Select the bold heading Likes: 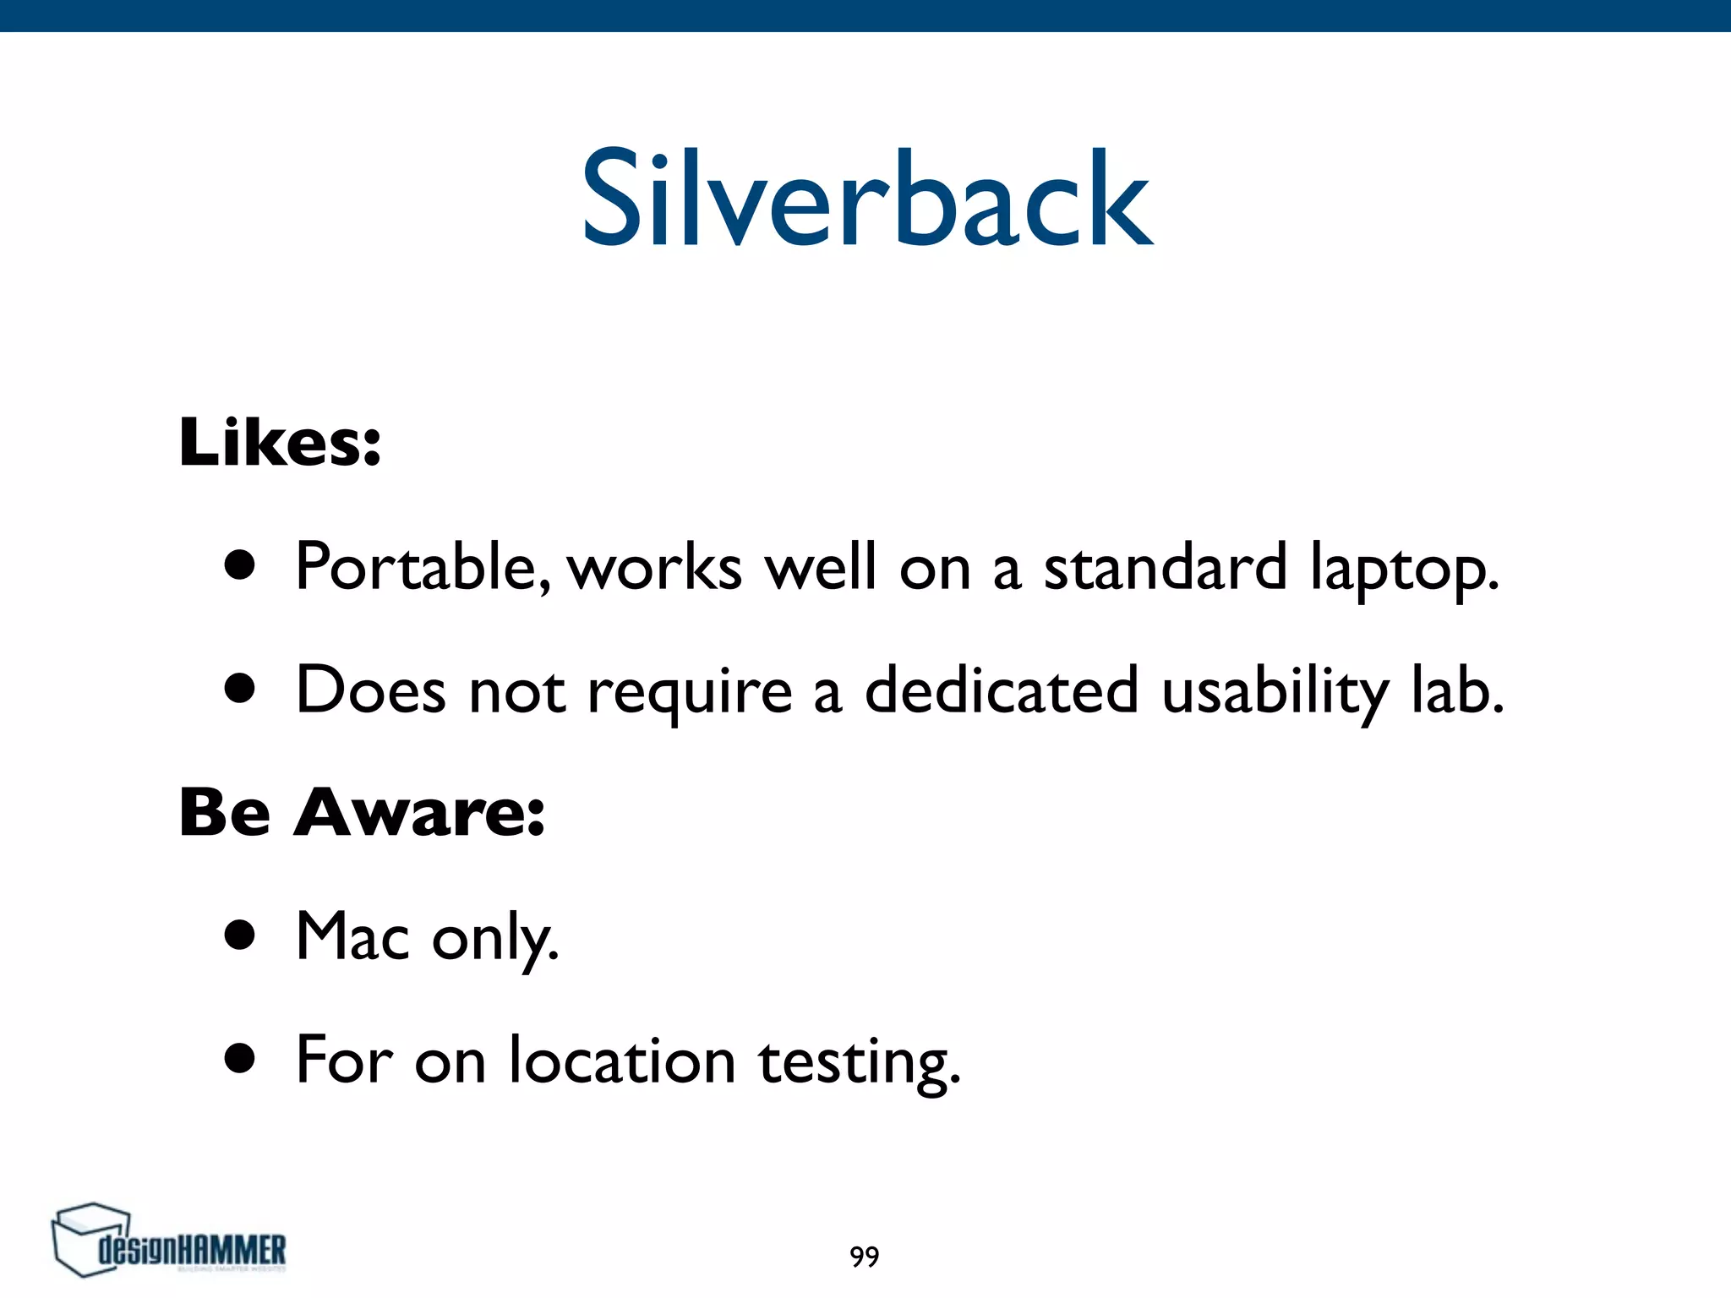click(x=280, y=442)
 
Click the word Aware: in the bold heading click(x=419, y=813)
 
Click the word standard click(x=1165, y=567)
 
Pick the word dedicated click(x=1001, y=690)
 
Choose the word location click(x=622, y=1060)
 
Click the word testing click(x=859, y=1063)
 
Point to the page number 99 click(x=865, y=1257)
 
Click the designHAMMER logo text click(x=193, y=1249)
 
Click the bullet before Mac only click(x=240, y=935)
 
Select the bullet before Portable click(x=240, y=565)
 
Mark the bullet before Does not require click(x=240, y=689)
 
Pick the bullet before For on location click(x=240, y=1058)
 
